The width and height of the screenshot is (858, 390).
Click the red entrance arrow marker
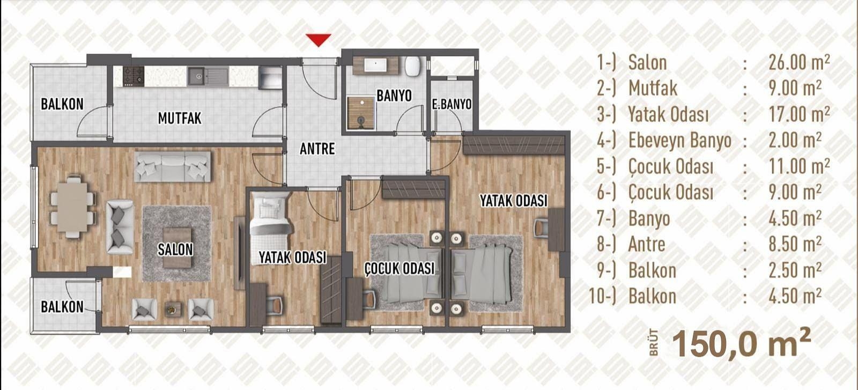319,40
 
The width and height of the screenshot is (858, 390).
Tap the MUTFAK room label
180,119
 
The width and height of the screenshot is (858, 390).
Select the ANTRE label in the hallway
317,149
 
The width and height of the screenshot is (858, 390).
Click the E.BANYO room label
452,104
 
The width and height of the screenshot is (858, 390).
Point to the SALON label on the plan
175,249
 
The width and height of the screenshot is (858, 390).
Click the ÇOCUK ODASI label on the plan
400,269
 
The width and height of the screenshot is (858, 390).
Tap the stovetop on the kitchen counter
134,76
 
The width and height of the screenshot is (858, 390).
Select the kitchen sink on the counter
198,76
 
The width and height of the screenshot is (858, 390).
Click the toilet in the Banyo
413,66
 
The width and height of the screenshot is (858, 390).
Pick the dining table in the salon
72,207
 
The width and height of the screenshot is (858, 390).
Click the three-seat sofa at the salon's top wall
172,167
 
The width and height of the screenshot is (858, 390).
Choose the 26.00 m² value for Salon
799,62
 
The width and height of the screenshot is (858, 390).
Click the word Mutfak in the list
653,89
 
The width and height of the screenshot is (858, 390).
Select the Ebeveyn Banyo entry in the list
680,140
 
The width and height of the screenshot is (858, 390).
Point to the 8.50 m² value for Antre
795,244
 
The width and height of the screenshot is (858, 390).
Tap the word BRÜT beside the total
654,342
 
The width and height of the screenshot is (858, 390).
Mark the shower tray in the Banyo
361,113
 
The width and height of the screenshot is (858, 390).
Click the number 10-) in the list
603,297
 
